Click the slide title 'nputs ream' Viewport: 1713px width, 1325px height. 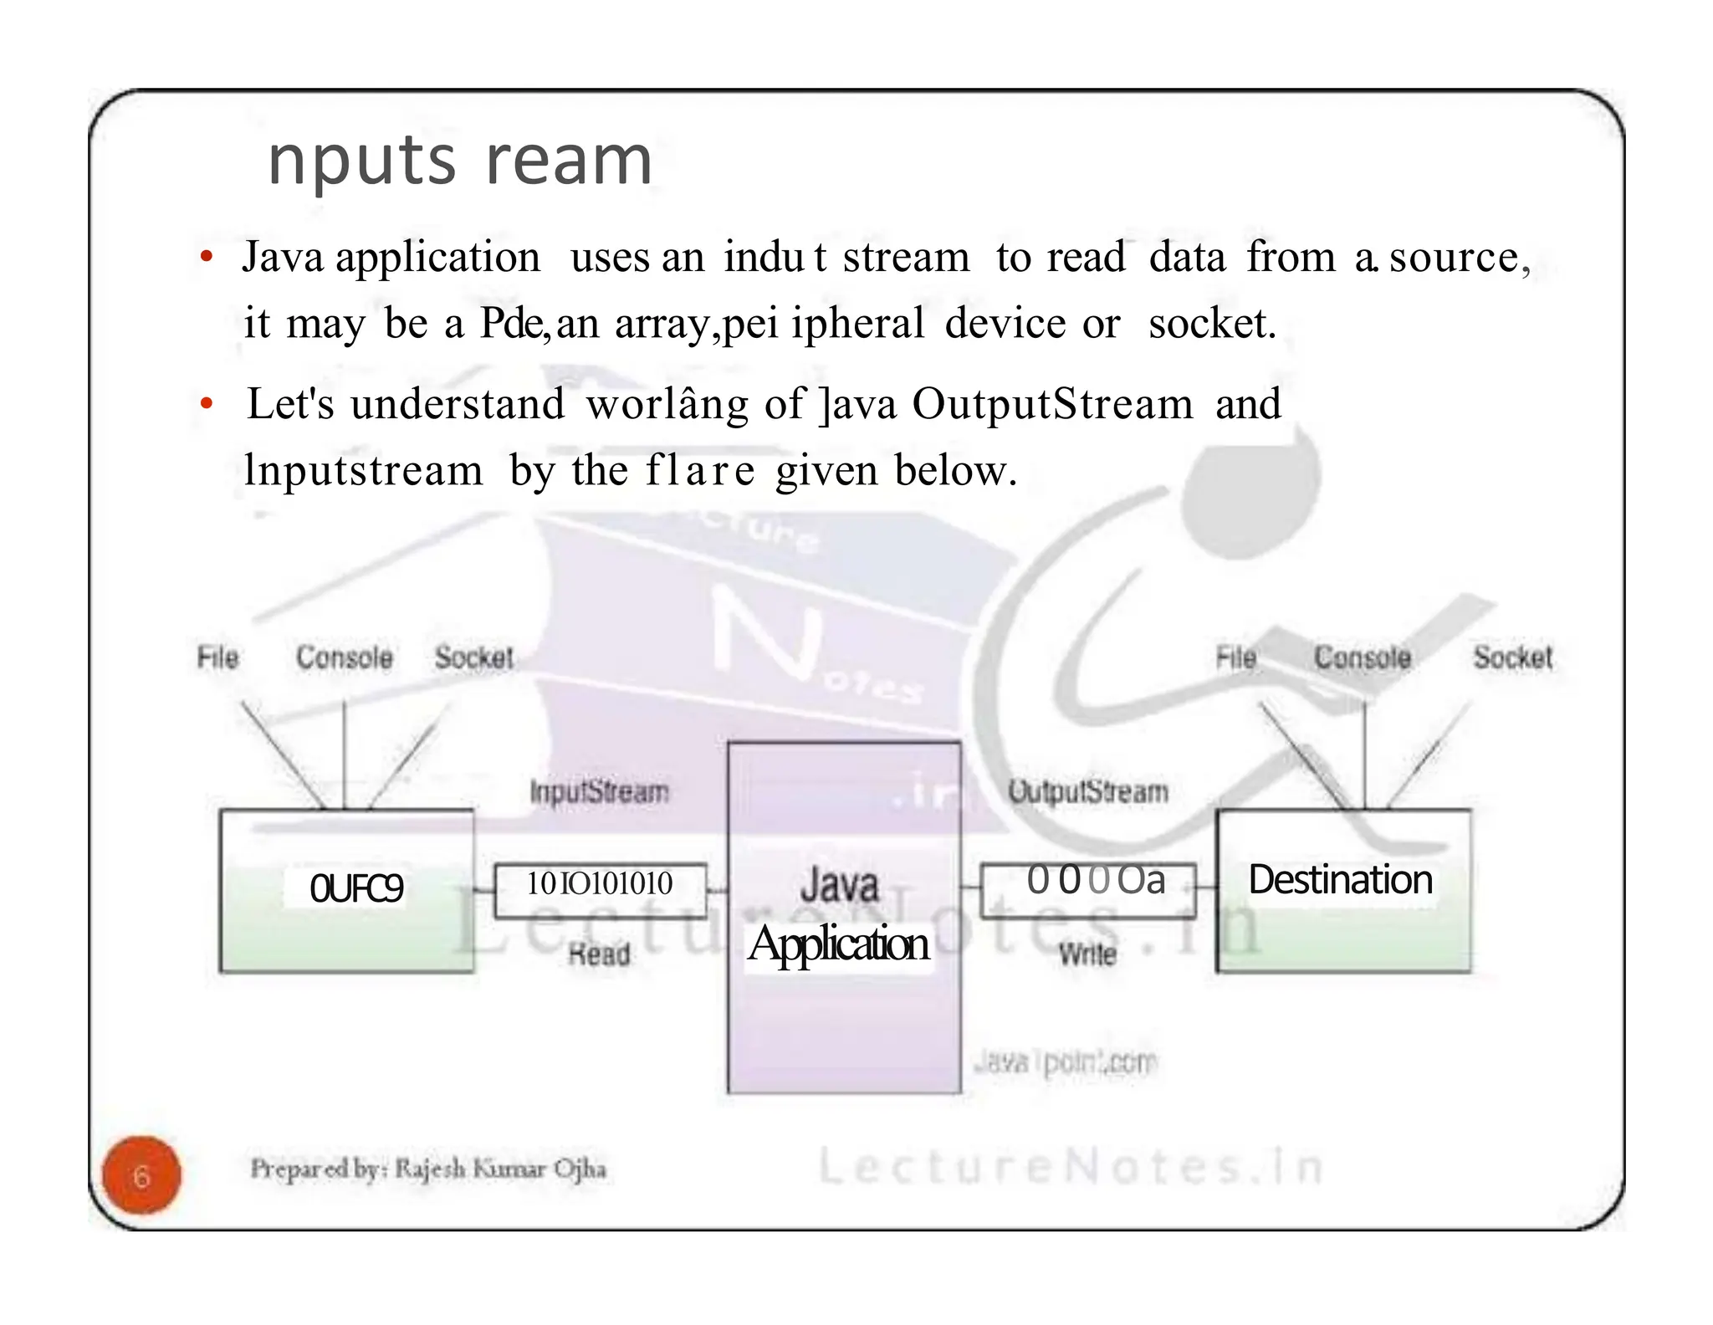pos(459,161)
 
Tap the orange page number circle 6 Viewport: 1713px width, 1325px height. pos(141,1175)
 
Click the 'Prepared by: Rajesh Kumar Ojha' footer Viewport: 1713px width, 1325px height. pos(427,1168)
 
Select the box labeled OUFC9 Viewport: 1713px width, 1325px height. pos(356,888)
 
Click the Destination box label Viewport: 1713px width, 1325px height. pos(1340,880)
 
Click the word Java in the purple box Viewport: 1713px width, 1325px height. pos(839,885)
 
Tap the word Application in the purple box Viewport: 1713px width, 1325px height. pos(838,944)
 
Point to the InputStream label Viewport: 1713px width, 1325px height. pos(600,791)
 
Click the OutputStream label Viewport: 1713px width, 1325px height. pos(1087,791)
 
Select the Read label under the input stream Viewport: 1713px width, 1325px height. pos(599,954)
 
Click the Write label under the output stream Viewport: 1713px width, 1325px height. pos(1087,954)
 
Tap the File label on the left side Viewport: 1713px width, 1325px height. pos(217,657)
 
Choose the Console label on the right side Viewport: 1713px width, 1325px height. pos(1362,657)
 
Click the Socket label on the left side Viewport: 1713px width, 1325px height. pos(473,657)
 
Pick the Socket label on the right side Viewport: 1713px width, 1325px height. pos(1512,657)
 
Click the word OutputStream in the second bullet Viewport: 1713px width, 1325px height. pos(1052,404)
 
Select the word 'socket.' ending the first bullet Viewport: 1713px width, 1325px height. pos(1212,324)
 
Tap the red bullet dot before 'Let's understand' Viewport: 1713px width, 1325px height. pos(207,405)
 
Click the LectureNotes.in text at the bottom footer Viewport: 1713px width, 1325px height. pos(1071,1166)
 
